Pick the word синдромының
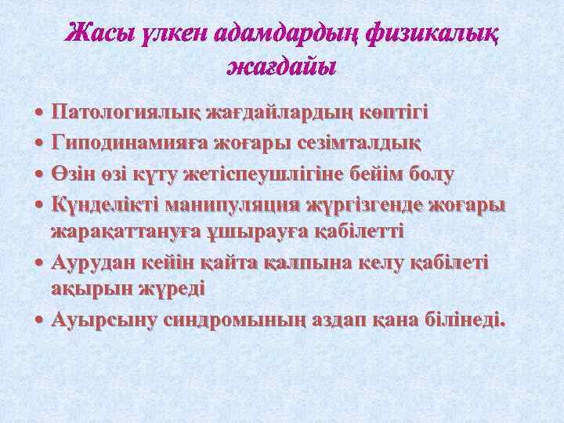click(241, 320)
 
